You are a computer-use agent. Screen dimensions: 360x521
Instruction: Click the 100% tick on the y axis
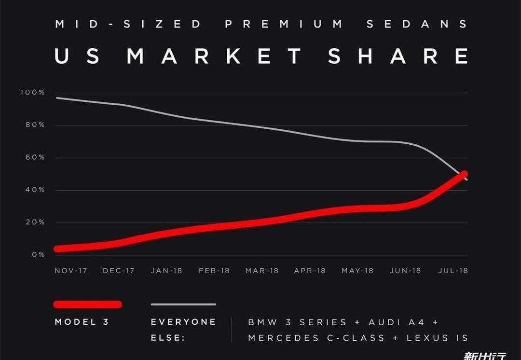(33, 92)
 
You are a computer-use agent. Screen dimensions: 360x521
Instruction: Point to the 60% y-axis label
(35, 157)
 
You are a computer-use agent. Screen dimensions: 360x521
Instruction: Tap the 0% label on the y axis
(39, 254)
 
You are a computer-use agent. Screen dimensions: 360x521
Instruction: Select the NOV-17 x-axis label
(71, 271)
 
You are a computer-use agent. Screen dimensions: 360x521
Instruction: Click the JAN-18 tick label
(166, 271)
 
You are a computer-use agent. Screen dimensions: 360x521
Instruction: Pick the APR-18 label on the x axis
(310, 271)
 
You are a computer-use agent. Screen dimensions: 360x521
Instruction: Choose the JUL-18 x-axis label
(452, 271)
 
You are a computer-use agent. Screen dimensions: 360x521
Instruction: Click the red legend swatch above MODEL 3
(87, 304)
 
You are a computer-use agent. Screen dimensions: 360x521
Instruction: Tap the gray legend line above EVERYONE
(183, 304)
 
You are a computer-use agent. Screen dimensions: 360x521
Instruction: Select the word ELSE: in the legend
(168, 338)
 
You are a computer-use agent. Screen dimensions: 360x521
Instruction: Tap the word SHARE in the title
(398, 56)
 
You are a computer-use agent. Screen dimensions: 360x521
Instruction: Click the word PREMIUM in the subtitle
(285, 24)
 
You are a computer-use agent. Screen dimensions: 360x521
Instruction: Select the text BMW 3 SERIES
(297, 322)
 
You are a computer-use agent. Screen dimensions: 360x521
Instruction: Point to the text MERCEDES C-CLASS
(316, 338)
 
